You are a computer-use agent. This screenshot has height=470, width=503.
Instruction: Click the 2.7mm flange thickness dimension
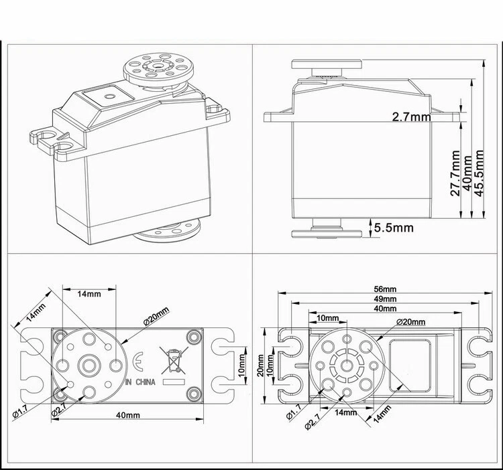point(410,117)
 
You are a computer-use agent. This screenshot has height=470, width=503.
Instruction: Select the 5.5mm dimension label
point(394,228)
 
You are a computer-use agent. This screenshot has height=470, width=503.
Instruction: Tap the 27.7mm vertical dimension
point(456,174)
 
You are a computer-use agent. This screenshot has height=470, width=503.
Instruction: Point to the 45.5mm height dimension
point(479,172)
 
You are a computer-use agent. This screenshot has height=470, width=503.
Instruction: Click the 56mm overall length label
point(386,289)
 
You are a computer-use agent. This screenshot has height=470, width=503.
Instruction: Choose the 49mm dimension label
point(386,299)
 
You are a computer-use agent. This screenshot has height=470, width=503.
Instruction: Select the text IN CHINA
point(141,383)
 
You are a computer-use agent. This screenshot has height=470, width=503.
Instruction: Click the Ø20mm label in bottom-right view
point(410,322)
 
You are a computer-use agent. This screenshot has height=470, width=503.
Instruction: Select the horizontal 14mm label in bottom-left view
point(89,294)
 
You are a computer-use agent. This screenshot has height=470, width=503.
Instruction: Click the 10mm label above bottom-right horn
point(327,317)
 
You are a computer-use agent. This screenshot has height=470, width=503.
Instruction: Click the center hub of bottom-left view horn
point(88,365)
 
